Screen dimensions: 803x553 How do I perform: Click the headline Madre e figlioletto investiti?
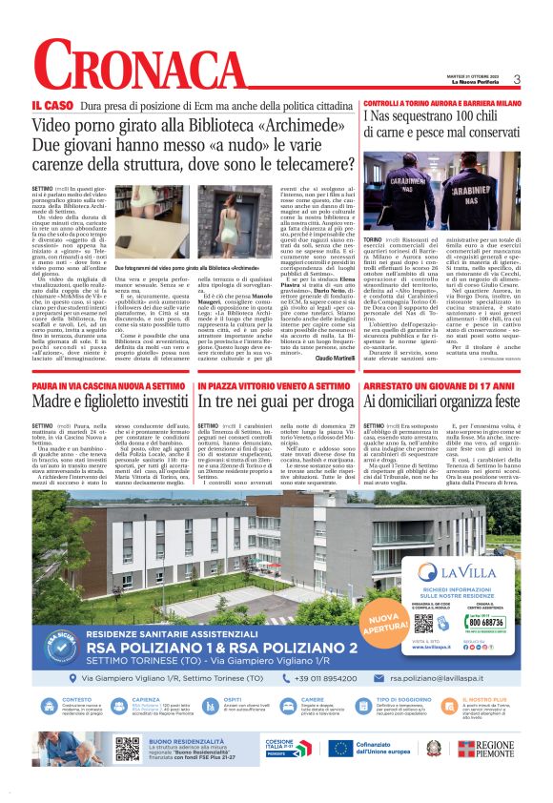click(109, 375)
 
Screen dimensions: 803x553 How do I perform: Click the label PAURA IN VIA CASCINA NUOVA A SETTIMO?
click(109, 358)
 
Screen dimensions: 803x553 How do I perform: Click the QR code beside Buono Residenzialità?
click(127, 749)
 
